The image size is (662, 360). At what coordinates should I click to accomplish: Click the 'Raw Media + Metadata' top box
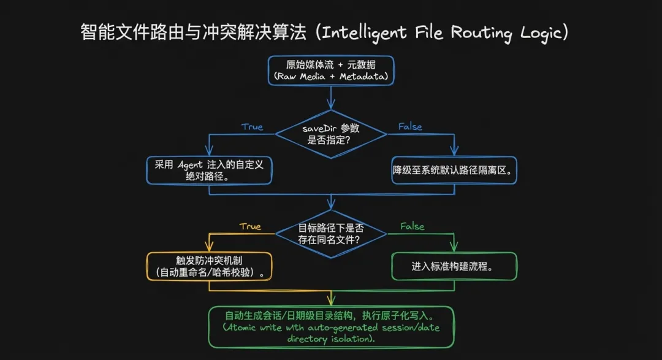click(331, 71)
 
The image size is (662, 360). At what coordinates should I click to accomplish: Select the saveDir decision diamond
click(331, 134)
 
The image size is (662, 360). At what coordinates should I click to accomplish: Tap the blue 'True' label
click(252, 127)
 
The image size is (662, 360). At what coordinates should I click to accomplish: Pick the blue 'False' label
click(410, 126)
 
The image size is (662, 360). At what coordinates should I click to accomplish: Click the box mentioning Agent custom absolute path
click(209, 170)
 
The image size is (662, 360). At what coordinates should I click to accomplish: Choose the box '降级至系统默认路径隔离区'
click(454, 170)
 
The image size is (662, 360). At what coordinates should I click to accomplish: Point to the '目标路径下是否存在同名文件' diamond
click(331, 233)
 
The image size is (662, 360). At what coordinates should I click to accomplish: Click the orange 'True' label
click(250, 226)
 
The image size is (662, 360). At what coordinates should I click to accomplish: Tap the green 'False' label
click(412, 226)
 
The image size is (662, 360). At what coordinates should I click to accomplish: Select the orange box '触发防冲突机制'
click(209, 267)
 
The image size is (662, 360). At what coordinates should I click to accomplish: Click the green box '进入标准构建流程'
click(454, 267)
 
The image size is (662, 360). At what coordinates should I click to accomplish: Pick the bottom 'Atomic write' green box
click(331, 327)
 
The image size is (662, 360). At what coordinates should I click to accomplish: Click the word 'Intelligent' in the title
click(365, 33)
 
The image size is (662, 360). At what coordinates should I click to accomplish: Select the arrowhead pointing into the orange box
click(209, 248)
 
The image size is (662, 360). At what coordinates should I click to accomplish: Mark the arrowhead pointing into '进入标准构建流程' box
click(454, 248)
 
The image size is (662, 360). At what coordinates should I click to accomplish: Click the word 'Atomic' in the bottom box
click(243, 327)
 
